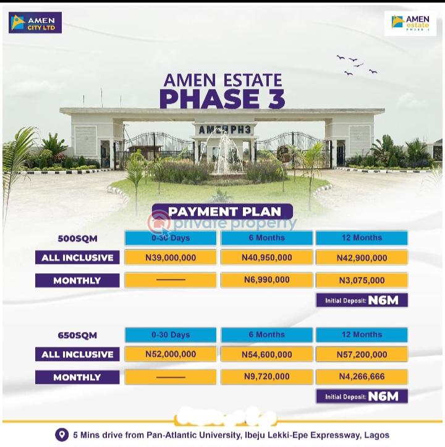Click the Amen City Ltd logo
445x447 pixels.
[35, 22]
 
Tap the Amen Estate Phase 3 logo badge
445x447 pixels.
[410, 23]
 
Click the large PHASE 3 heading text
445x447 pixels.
[222, 99]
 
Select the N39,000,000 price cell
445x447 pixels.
[171, 258]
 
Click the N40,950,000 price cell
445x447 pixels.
[267, 258]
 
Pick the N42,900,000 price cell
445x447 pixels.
[362, 258]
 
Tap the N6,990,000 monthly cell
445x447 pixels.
[267, 280]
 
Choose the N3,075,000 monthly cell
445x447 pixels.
[362, 280]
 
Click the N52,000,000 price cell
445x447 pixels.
[171, 354]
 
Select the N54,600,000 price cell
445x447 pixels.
[267, 354]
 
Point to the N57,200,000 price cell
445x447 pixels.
[362, 354]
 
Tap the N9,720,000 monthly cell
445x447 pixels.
[267, 377]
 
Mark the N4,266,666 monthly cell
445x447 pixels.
[362, 377]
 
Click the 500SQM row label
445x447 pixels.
[77, 238]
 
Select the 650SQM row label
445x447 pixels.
[77, 335]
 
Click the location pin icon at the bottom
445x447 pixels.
[61, 435]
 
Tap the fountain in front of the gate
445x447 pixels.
[226, 158]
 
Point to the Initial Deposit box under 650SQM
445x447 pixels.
[362, 396]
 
